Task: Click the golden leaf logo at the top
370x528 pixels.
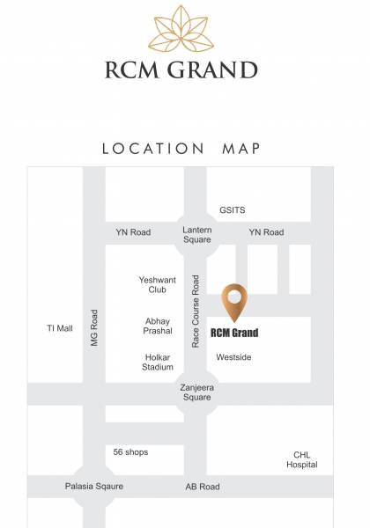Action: (x=185, y=27)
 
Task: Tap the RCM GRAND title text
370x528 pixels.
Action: (x=185, y=70)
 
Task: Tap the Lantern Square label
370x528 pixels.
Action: (x=196, y=234)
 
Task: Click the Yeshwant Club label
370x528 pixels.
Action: (x=158, y=284)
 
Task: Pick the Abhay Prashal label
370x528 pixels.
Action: (x=158, y=326)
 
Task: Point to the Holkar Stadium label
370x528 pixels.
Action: (x=158, y=363)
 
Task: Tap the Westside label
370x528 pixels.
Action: (x=233, y=357)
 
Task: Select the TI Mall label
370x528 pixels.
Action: (x=60, y=328)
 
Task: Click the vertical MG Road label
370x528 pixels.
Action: (x=94, y=327)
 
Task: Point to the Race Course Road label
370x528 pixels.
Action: (x=196, y=311)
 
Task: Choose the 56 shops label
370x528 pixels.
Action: (x=130, y=452)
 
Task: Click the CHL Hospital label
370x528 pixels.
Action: (x=302, y=460)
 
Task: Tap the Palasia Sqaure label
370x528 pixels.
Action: (x=94, y=487)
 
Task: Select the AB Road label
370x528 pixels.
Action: (x=203, y=487)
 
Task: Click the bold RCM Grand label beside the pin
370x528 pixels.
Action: (x=235, y=334)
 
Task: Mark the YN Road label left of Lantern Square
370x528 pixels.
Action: (x=133, y=232)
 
